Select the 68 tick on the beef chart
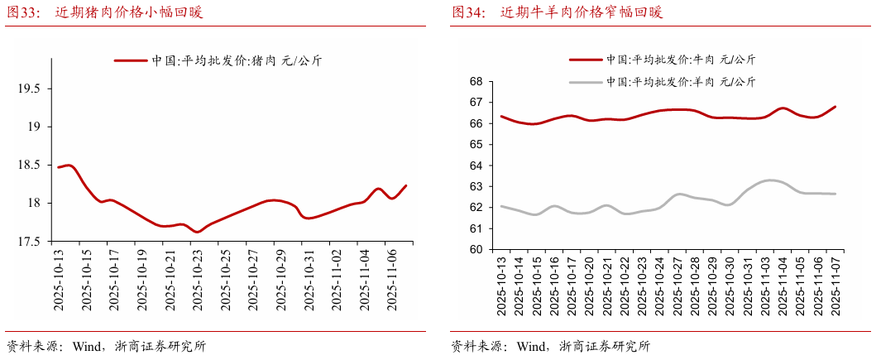[x=475, y=81]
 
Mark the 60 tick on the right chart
[x=475, y=249]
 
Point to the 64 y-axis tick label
[x=475, y=166]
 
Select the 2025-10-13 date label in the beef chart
[x=501, y=286]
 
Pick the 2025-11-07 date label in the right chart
[x=835, y=286]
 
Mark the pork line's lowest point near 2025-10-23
[x=198, y=232]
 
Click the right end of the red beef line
[x=835, y=107]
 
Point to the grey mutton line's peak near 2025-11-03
[x=770, y=180]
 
